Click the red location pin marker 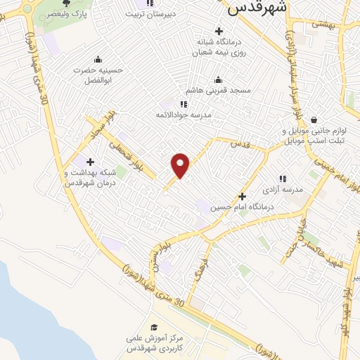[x=181, y=165]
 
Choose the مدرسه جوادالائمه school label [x=184, y=115]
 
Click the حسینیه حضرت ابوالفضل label [x=97, y=75]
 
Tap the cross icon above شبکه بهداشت [x=89, y=162]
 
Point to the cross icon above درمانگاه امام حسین [x=243, y=196]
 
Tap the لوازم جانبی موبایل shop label [x=313, y=136]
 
